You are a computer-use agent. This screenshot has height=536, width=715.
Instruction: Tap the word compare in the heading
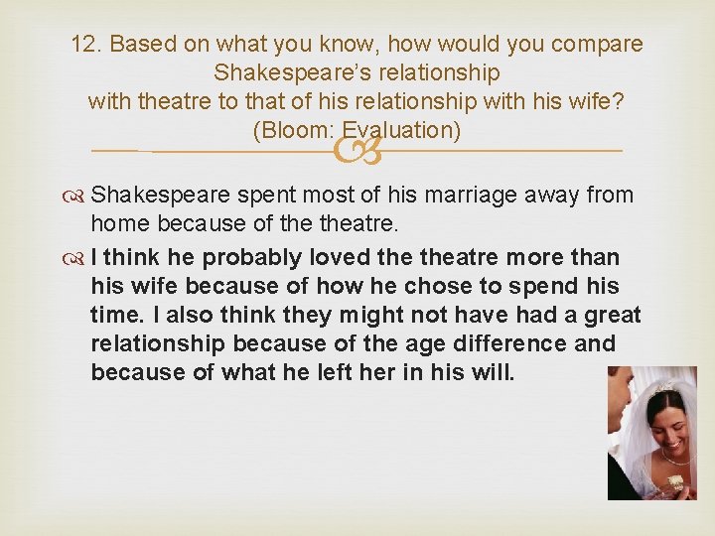(x=599, y=45)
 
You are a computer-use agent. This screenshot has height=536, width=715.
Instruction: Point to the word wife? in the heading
(x=598, y=102)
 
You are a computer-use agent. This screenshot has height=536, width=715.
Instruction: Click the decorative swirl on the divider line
(x=357, y=152)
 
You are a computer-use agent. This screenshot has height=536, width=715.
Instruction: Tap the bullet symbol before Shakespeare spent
(x=79, y=196)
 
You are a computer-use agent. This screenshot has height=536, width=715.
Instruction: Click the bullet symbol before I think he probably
(x=79, y=258)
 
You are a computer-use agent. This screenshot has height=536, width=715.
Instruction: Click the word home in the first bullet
(x=118, y=223)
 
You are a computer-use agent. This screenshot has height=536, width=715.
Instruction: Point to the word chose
(x=427, y=286)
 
